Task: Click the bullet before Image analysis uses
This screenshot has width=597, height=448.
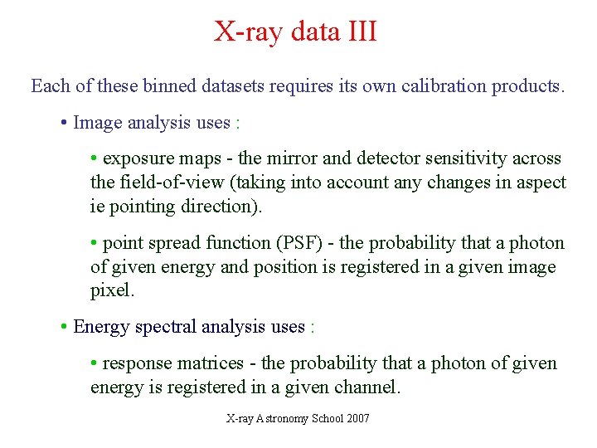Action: click(64, 124)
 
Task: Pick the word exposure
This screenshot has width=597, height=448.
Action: click(136, 158)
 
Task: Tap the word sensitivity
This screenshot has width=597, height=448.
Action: click(446, 158)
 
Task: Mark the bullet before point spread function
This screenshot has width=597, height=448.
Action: click(95, 244)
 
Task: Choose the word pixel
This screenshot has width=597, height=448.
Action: click(111, 291)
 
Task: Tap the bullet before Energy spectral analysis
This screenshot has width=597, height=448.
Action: click(64, 328)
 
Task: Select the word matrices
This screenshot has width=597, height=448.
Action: click(212, 363)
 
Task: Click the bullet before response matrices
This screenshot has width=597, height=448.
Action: click(95, 364)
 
